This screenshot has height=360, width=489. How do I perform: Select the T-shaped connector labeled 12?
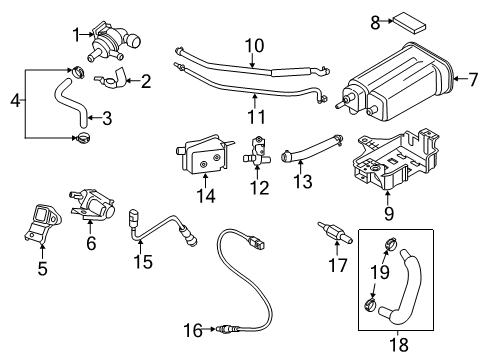pyautogui.click(x=261, y=157)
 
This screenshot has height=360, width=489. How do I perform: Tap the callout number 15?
pyautogui.click(x=143, y=262)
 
